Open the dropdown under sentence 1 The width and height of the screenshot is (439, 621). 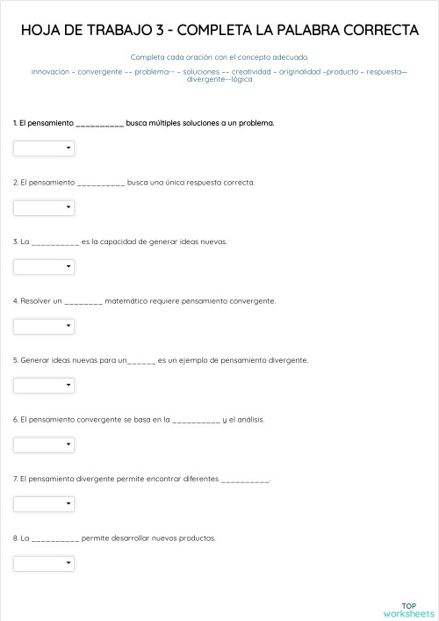coord(44,148)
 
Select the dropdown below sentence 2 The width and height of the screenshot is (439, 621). coord(44,207)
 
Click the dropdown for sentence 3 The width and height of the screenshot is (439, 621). coord(44,266)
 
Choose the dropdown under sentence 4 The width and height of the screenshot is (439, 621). coord(44,326)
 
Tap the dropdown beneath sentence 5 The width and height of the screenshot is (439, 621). coord(44,385)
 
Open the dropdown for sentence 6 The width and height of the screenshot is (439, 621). coord(44,444)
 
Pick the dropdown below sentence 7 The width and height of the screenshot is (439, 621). coord(44,503)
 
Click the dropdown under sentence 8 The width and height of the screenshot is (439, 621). coord(44,563)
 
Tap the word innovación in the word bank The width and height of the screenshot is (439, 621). coord(51,70)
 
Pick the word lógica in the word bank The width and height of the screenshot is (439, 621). coord(241,79)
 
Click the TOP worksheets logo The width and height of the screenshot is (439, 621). coord(408,610)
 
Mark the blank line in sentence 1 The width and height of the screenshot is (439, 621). coord(99,124)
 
